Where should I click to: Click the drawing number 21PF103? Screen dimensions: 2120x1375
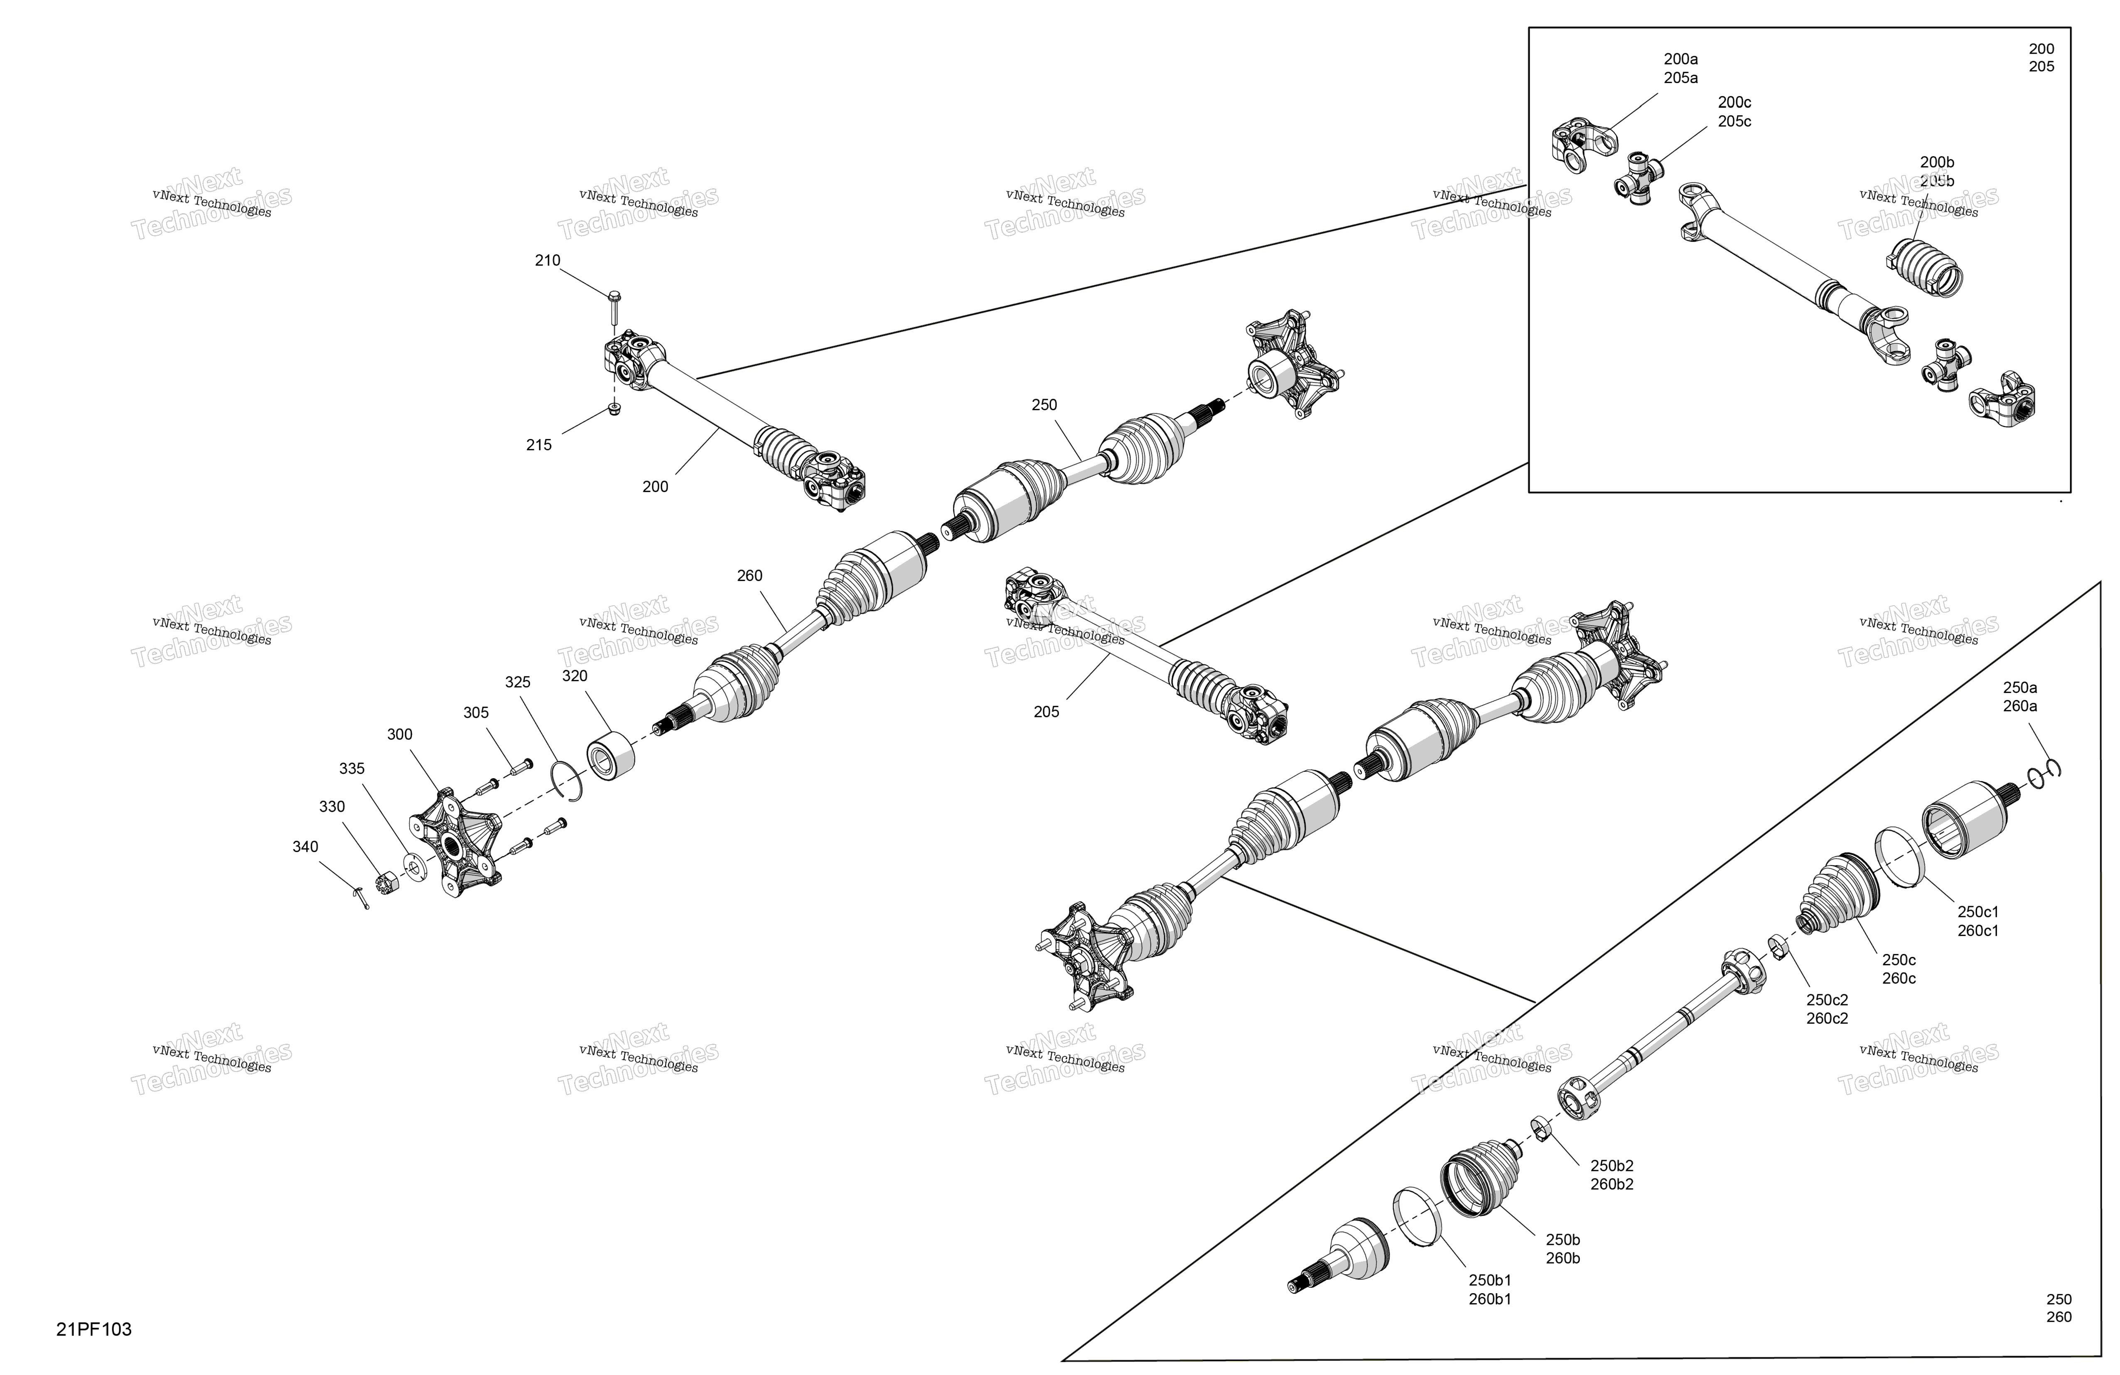(93, 1330)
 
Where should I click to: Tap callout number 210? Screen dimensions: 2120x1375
(548, 260)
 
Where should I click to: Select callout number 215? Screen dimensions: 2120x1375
(539, 445)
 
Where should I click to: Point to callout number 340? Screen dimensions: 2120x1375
(305, 847)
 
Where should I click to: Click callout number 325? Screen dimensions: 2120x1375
(518, 682)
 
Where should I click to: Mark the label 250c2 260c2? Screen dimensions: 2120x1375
(1827, 1009)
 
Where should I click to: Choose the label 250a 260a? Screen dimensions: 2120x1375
(2020, 697)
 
